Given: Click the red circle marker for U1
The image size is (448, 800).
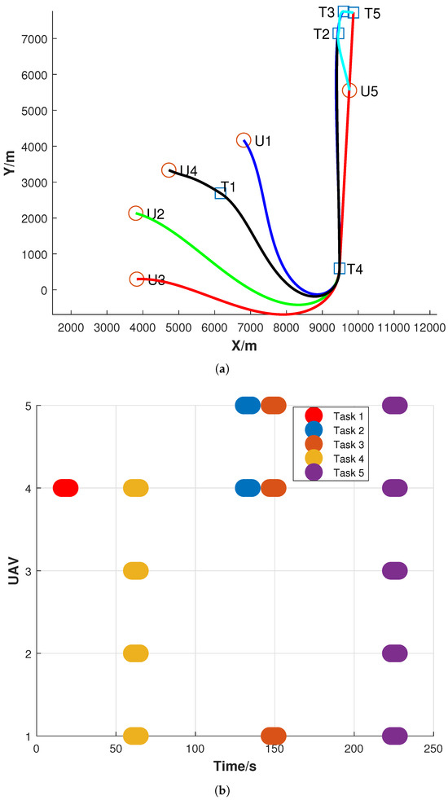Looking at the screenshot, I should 244,140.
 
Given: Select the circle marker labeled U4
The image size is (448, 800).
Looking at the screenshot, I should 169,170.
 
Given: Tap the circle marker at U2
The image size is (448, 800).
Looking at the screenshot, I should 136,213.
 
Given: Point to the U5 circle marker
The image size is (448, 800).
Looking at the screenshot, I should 349,90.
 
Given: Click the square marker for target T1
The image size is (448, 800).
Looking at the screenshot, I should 221,193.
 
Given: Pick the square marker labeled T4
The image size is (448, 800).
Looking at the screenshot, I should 340,268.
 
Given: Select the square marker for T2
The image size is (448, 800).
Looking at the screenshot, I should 338,33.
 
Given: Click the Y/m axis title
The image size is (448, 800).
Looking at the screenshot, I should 9,162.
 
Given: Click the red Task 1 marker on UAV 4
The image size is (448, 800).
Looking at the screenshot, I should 65,488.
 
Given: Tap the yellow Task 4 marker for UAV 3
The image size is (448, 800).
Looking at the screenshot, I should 136,570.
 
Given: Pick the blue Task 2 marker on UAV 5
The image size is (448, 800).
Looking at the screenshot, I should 248,405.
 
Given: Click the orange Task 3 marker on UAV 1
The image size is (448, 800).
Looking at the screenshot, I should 274,736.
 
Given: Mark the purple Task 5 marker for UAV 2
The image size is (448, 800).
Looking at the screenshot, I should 394,653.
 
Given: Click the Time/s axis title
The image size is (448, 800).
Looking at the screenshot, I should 235,767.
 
